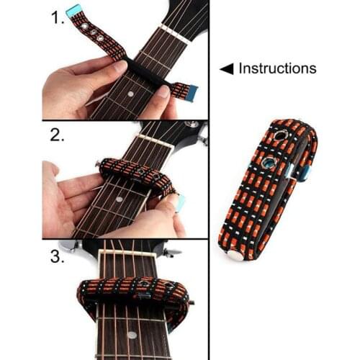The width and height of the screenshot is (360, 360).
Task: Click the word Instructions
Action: click(277, 68)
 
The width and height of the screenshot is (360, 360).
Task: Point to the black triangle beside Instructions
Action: click(227, 69)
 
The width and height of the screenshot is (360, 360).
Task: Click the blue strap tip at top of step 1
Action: click(73, 11)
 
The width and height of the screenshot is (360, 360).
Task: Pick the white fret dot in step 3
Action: click(131, 335)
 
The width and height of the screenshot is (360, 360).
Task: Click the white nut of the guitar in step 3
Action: click(127, 251)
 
